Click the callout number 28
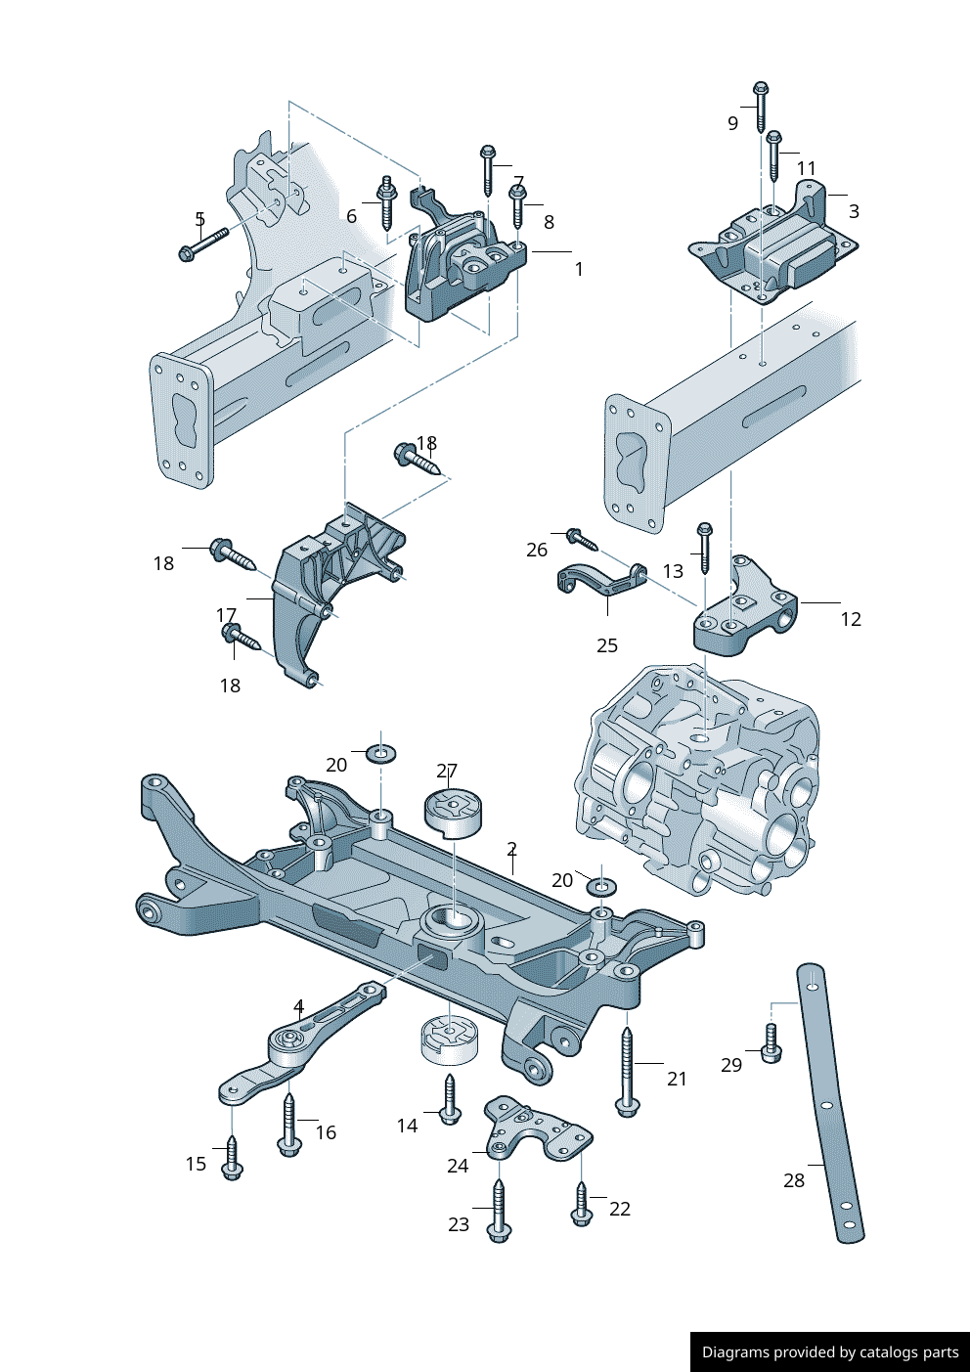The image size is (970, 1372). tap(794, 1180)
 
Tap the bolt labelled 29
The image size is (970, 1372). tap(771, 1044)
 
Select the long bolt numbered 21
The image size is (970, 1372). tap(627, 1071)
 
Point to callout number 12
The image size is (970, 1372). tap(851, 619)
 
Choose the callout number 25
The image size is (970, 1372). tap(607, 645)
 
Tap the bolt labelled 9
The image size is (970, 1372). tap(761, 107)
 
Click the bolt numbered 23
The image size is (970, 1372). tap(499, 1211)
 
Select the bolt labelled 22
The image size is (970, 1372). tap(581, 1203)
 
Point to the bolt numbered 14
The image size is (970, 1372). tap(450, 1099)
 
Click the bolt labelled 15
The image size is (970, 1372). tap(232, 1157)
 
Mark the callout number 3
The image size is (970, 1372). tap(854, 211)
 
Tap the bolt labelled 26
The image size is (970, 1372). tap(580, 538)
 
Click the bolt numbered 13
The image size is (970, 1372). tap(704, 548)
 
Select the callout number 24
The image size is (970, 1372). tap(458, 1166)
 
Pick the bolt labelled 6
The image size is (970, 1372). tap(386, 202)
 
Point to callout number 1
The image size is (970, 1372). tap(579, 269)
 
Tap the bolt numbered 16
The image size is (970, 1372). tap(288, 1125)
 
